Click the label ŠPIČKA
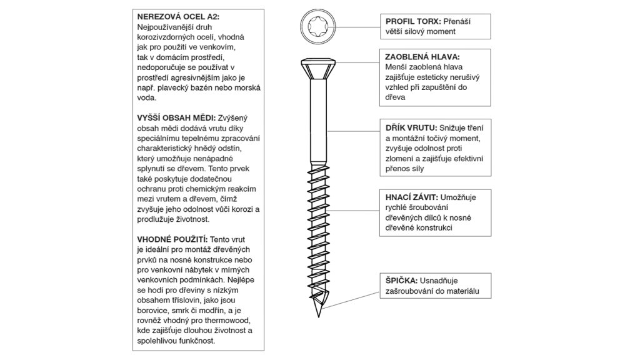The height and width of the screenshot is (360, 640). tap(400, 281)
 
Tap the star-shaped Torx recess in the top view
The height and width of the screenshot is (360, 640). tap(318, 27)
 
